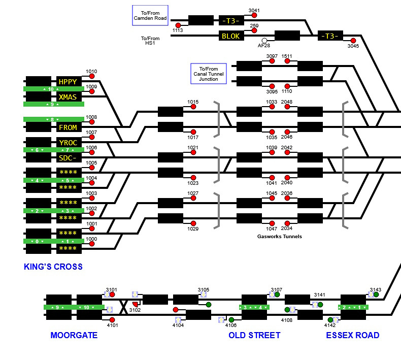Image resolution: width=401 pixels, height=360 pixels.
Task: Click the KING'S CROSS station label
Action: (53, 267)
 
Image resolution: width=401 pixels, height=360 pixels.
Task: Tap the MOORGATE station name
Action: (74, 335)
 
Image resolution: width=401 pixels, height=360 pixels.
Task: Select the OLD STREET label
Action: (254, 335)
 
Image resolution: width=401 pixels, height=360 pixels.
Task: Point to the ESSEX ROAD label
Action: (352, 335)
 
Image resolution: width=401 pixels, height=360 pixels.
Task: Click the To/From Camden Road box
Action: (150, 16)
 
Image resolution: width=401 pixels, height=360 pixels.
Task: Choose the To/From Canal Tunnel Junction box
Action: (208, 74)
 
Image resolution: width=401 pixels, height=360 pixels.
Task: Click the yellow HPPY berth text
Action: (69, 81)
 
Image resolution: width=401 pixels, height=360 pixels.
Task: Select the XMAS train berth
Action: (69, 96)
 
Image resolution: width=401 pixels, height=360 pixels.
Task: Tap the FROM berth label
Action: (69, 127)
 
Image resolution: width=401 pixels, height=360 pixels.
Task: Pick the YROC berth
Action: (69, 143)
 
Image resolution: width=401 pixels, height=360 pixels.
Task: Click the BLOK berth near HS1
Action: (231, 36)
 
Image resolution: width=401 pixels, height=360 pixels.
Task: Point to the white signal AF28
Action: (264, 41)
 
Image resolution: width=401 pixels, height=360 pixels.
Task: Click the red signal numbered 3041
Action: (254, 15)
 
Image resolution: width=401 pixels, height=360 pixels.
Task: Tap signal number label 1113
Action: (177, 30)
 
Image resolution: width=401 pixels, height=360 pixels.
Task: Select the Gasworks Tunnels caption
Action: (280, 237)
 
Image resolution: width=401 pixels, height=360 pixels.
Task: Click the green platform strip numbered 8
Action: (54, 119)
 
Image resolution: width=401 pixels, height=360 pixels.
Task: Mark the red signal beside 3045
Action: (353, 41)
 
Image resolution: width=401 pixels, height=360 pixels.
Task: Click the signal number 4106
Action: (231, 325)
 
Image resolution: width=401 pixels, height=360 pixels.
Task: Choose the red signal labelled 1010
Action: (92, 76)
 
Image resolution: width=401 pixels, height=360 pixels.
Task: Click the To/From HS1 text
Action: (150, 41)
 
